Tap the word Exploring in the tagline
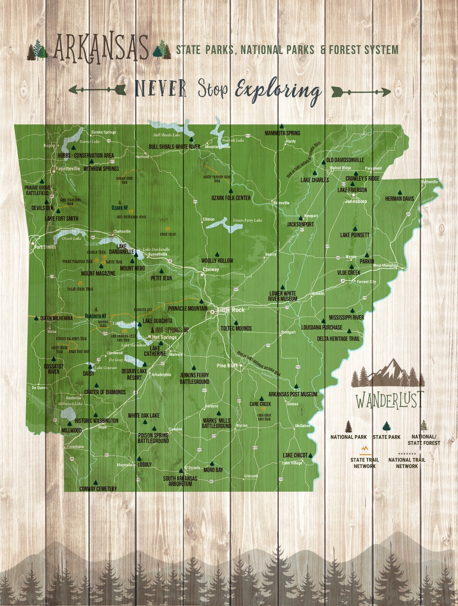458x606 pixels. (278, 90)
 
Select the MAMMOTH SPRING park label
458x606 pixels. (282, 133)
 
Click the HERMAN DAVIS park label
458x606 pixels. (399, 198)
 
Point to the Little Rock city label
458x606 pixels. (232, 310)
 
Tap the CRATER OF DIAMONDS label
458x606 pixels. (105, 392)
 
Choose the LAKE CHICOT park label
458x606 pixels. (295, 455)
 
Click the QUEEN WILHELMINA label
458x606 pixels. (56, 318)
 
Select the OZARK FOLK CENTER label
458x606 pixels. (231, 198)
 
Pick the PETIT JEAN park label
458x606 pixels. (161, 278)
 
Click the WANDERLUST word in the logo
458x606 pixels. (389, 400)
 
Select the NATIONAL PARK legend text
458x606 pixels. (349, 437)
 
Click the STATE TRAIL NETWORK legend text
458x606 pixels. (365, 463)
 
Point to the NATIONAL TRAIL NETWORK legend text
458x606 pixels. (407, 463)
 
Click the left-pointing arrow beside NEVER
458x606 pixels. (97, 90)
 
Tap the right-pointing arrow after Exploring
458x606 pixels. (360, 91)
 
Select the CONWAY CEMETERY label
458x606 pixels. (98, 489)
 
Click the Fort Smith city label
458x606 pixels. (45, 247)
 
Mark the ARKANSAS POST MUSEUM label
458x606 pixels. (293, 394)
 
